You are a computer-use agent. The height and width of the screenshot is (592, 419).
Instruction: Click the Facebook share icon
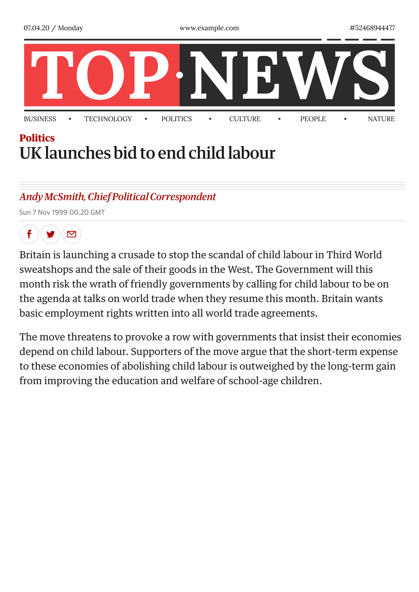coord(29,234)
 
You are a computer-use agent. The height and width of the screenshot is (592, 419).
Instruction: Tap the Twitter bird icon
coord(50,234)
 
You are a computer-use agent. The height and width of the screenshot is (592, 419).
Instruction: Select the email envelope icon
coord(71,234)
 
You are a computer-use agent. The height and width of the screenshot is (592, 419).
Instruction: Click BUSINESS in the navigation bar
coord(40,119)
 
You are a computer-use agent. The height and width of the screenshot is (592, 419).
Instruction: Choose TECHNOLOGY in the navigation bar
coord(108,119)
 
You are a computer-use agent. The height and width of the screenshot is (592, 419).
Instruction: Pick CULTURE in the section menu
coord(245,119)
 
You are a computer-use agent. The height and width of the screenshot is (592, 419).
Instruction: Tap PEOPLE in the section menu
coord(313,119)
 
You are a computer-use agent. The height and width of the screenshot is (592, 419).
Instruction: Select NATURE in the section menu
coord(381,119)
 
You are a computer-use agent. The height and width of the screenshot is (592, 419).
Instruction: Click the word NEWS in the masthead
coord(289,75)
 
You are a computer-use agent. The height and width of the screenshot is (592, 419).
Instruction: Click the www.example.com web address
coord(209,28)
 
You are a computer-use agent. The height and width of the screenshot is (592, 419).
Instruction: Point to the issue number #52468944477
coord(372,28)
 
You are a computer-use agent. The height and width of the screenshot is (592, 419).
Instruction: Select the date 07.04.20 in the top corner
coord(36,28)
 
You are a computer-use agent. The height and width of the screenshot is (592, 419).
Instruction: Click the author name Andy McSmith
coord(52,197)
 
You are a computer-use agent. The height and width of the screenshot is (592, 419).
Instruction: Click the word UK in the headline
coord(30,153)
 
